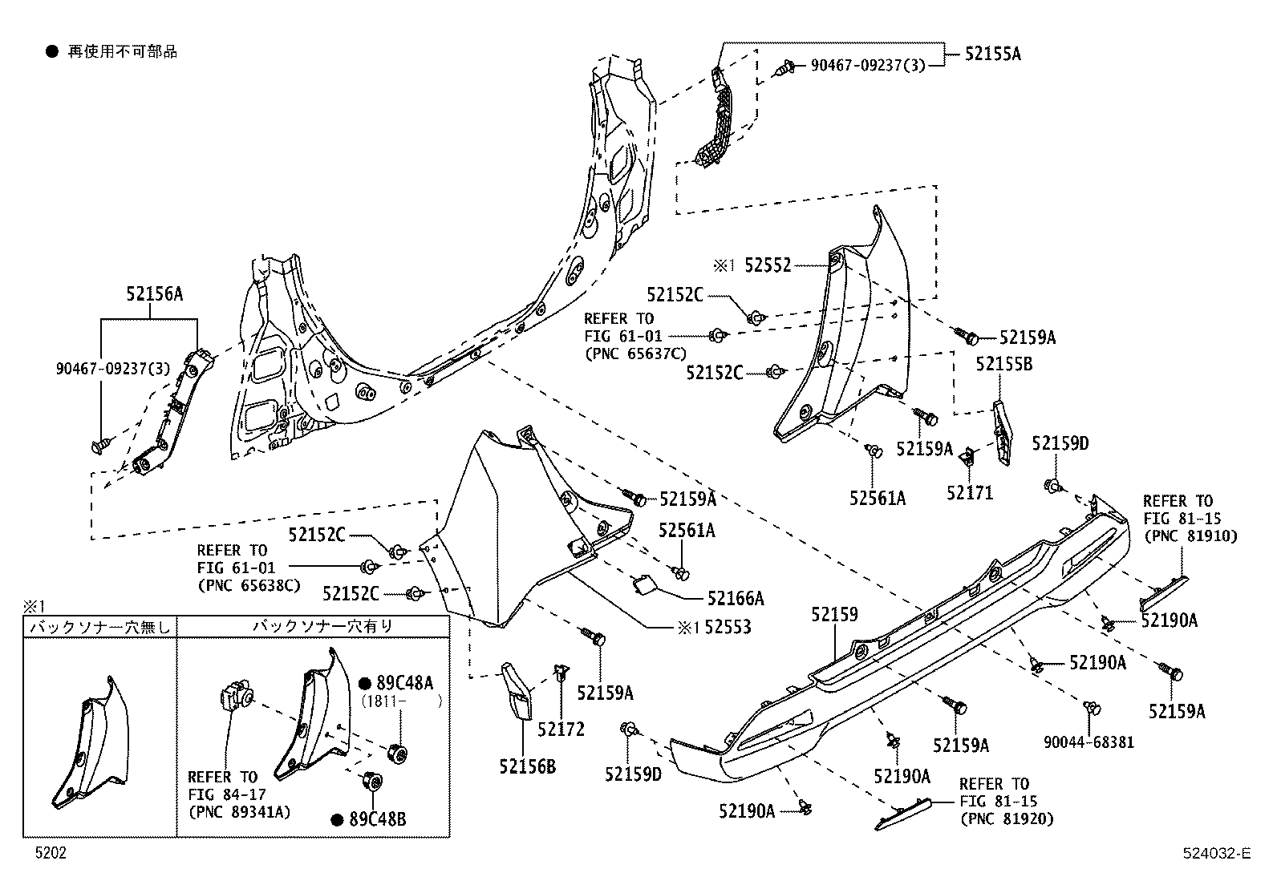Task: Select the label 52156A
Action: tap(154, 294)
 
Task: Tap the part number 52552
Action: tap(768, 265)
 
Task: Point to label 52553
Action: tap(728, 627)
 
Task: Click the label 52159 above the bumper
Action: tap(834, 615)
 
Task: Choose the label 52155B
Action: tap(1003, 364)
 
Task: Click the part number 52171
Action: tap(969, 493)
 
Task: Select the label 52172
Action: tap(561, 729)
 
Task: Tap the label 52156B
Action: tap(527, 768)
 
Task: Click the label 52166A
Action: tap(736, 598)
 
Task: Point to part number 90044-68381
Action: tap(1089, 742)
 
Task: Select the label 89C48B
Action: tap(378, 819)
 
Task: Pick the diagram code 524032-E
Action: tap(1214, 854)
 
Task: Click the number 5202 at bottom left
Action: tap(51, 854)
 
